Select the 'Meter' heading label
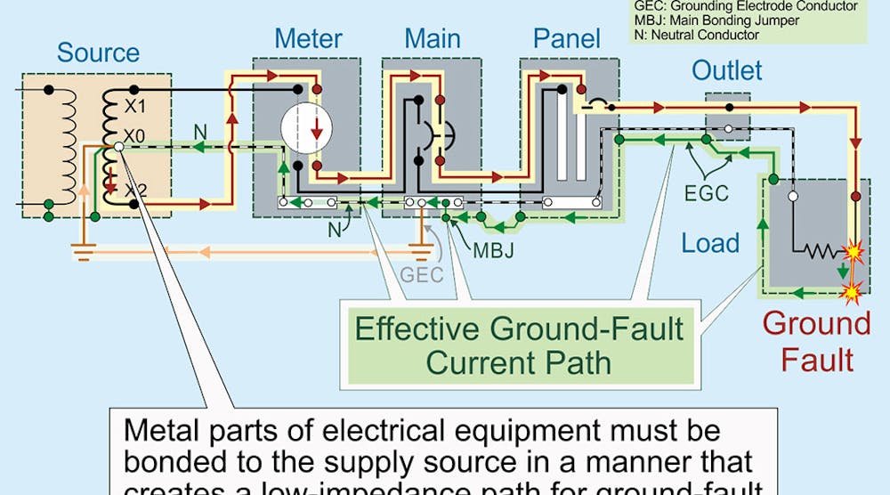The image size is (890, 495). point(308,39)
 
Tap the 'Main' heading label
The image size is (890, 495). point(433,39)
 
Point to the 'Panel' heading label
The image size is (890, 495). point(566,39)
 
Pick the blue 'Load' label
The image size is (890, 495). point(710,242)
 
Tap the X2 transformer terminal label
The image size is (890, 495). point(135,190)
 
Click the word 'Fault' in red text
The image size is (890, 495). point(817,360)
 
